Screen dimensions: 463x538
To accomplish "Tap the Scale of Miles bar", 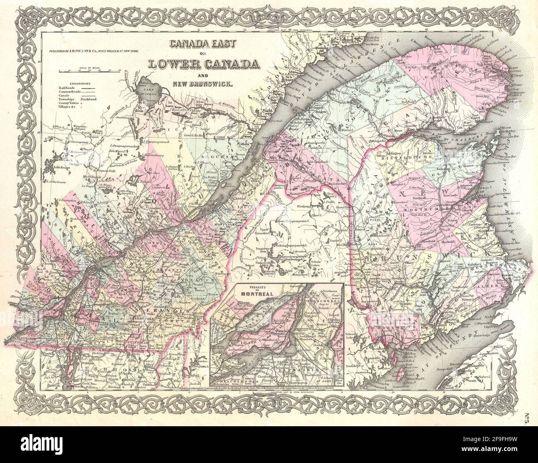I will pyautogui.click(x=89, y=71).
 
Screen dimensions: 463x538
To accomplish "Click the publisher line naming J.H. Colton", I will pyautogui.click(x=91, y=50).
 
